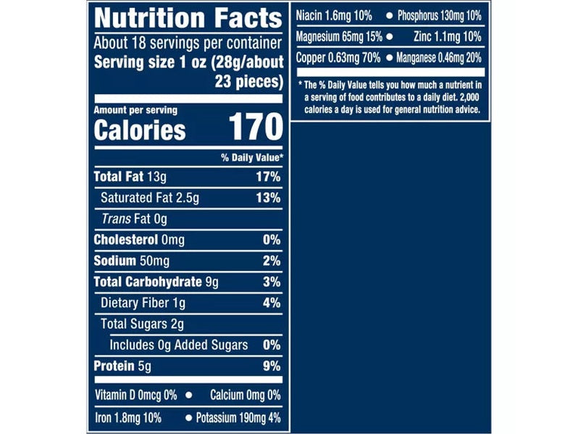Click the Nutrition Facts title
pos(188,17)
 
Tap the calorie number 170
pos(255,127)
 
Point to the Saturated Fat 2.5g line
pos(150,198)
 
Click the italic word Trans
pos(116,219)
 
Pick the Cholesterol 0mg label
pos(139,240)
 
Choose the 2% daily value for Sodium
pos(271,262)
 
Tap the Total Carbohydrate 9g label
pos(156,282)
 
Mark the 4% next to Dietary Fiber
pos(271,303)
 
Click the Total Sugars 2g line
pos(142,324)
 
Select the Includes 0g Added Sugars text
pos(179,345)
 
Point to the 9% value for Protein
pos(271,366)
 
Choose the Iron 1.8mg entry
pos(127,418)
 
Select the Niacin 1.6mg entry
pos(334,15)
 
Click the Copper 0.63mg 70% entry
pos(339,57)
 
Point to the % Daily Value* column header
pos(251,157)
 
